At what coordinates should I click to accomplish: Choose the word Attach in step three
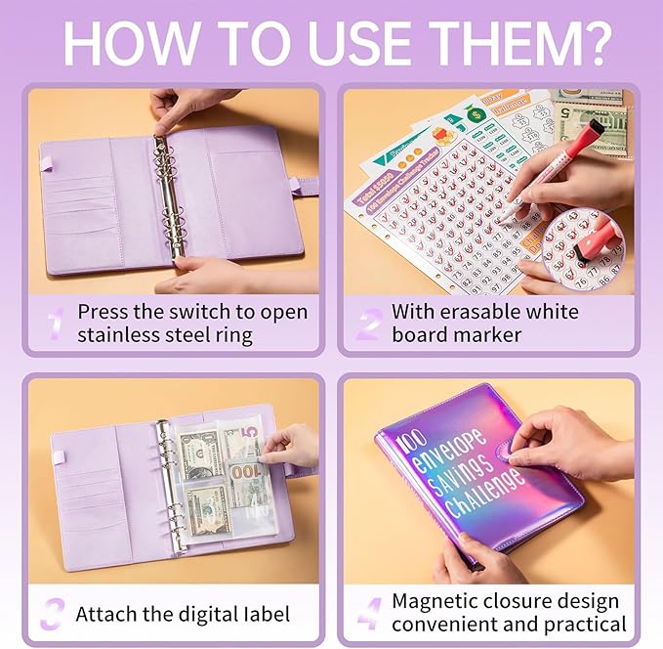coord(104,615)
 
